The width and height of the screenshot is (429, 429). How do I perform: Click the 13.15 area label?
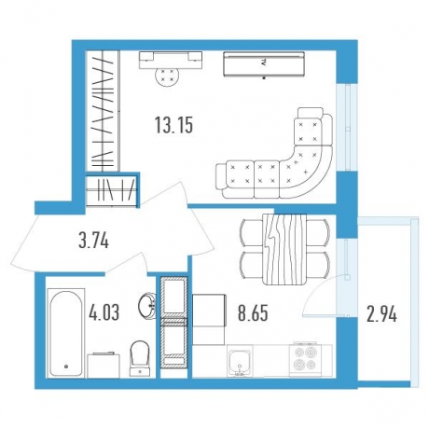[x=173, y=125]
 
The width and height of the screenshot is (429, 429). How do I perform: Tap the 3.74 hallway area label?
[x=93, y=241]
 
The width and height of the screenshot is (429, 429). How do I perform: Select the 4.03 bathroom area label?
[x=104, y=312]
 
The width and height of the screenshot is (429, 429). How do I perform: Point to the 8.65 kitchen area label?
[x=253, y=313]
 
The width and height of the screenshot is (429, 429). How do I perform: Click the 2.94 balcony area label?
[x=381, y=315]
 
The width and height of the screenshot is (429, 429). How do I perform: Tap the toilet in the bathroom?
[x=140, y=358]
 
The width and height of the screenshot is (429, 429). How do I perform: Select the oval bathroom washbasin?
[x=147, y=306]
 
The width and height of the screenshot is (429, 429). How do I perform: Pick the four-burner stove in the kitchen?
[x=306, y=359]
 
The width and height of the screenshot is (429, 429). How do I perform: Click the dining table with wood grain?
[x=284, y=249]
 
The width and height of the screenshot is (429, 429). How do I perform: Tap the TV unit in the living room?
[x=264, y=64]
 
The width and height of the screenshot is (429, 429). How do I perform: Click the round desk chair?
[x=167, y=77]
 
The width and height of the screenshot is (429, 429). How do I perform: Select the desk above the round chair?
[x=171, y=60]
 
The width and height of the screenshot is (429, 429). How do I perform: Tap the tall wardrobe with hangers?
[x=103, y=111]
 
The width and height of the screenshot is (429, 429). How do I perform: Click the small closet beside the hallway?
[x=112, y=190]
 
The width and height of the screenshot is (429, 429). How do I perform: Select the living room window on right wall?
[x=347, y=127]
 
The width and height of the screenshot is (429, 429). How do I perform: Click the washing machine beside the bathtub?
[x=104, y=366]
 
